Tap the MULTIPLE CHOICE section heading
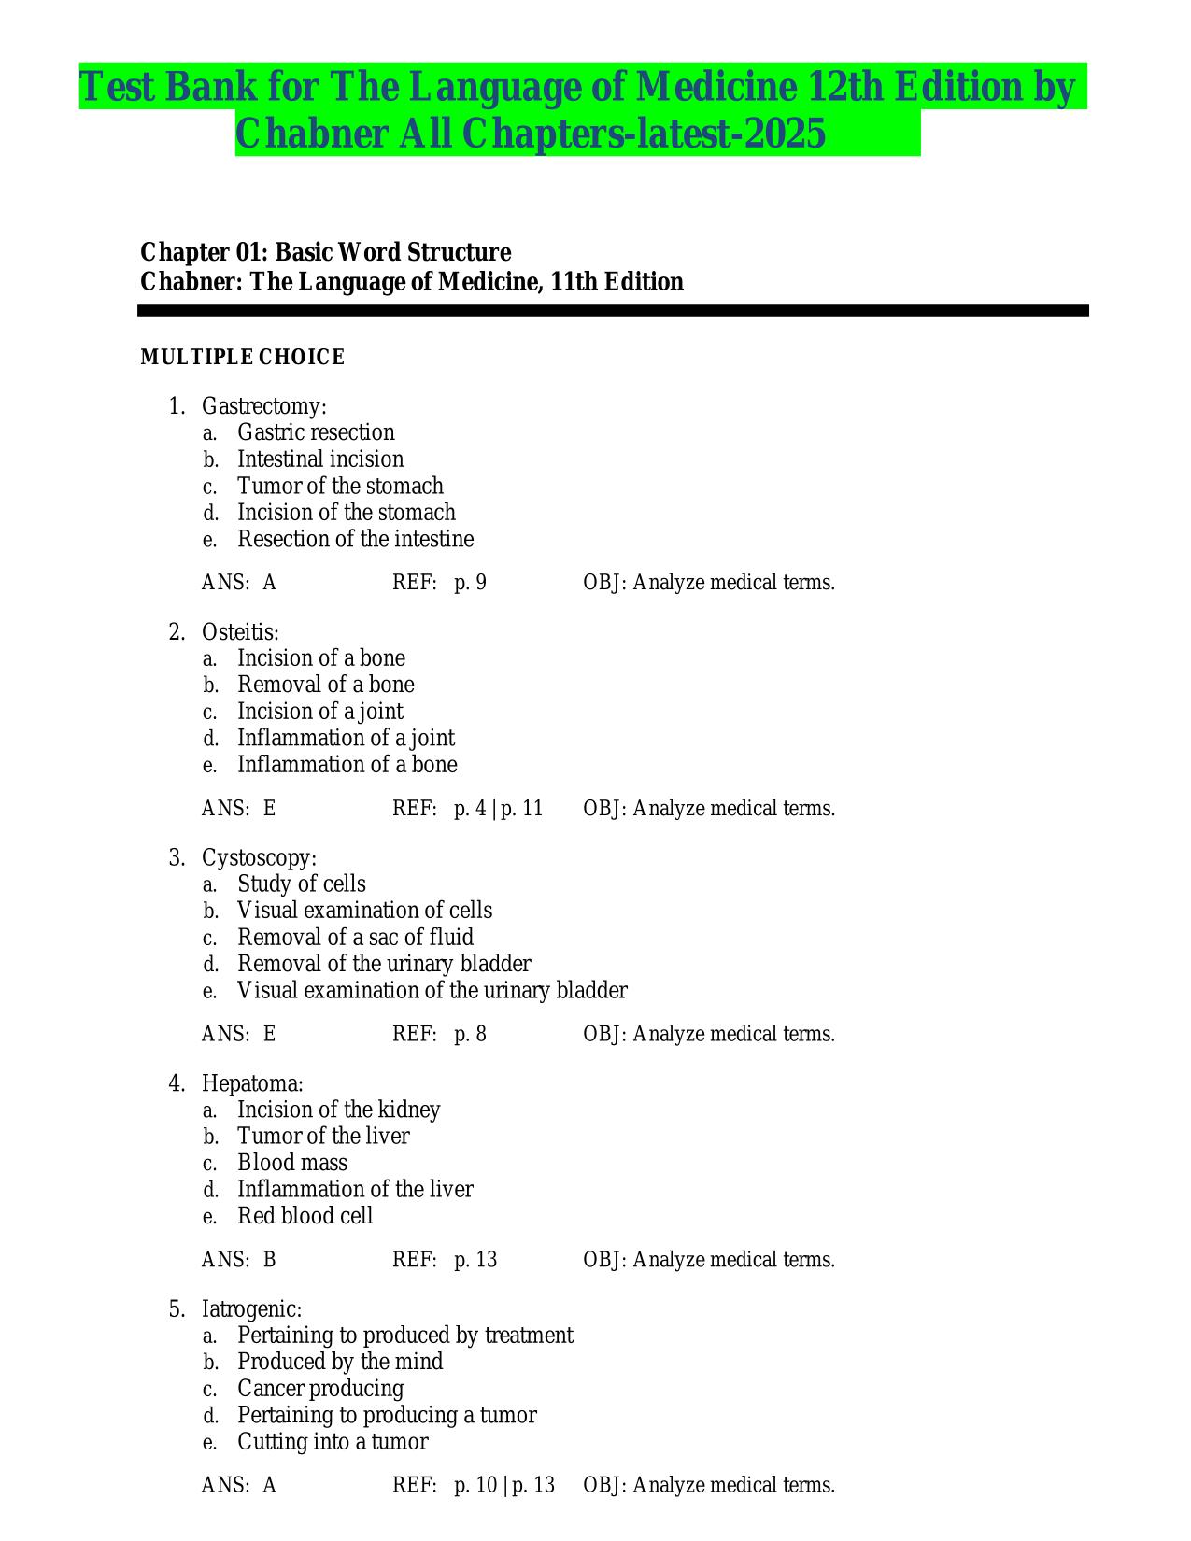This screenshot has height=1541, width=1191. pos(243,358)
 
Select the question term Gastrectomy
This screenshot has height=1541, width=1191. pos(263,406)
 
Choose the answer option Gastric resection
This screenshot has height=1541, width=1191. pos(316,432)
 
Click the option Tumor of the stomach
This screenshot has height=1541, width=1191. pos(340,486)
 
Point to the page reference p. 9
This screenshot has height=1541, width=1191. pos(470,583)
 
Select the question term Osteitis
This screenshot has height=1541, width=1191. pos(240,632)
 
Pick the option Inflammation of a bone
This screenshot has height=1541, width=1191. pos(347,765)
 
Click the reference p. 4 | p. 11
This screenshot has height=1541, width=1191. pos(498,809)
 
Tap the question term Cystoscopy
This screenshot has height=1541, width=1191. pos(259,858)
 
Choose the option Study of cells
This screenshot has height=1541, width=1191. pos(301,884)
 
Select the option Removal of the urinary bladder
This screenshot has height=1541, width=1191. pos(384,964)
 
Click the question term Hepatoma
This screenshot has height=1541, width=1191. pos(252,1084)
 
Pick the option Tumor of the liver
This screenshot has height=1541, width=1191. pos(323,1137)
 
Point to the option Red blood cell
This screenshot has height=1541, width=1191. pos(305,1216)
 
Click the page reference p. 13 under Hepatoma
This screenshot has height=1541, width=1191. pos(475,1260)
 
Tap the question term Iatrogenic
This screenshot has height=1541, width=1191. pos(251,1309)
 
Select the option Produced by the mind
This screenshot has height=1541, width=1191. pos(340,1362)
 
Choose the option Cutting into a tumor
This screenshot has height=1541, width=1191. pos(333,1442)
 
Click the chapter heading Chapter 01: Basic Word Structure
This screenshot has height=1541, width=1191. pos(325,252)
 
